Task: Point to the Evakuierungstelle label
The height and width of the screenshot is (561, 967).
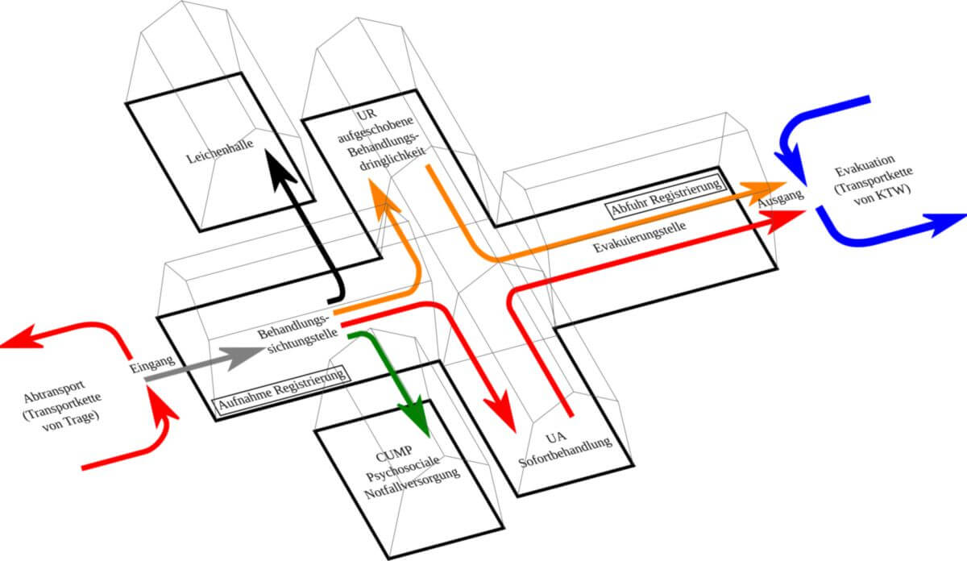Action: pos(640,238)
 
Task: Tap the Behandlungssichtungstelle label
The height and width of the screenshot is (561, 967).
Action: pos(294,339)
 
